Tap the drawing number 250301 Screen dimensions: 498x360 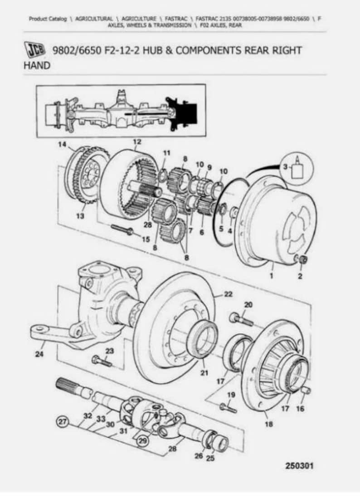(299, 466)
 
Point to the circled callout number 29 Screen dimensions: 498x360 (143, 440)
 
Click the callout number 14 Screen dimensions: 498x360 (62, 145)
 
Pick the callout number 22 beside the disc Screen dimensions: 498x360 (228, 294)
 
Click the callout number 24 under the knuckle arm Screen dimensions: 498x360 (39, 354)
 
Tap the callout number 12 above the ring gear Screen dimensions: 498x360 (137, 142)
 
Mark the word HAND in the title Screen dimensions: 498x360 (37, 66)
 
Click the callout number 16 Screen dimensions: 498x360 (300, 409)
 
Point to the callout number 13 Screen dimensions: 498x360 (80, 216)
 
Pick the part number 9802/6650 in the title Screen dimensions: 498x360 (74, 50)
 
